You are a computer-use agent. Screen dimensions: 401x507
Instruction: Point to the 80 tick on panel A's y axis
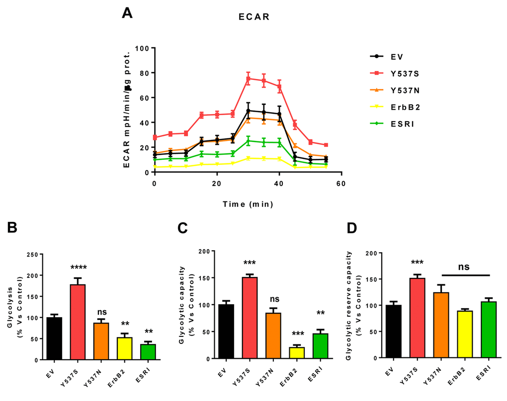(x=144, y=73)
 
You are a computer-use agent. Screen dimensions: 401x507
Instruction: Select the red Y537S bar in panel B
(x=78, y=322)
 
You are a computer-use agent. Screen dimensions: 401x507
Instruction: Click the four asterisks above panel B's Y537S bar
(x=78, y=267)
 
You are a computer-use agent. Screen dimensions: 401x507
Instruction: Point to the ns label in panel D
(x=464, y=267)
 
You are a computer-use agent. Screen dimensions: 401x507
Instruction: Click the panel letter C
(x=182, y=228)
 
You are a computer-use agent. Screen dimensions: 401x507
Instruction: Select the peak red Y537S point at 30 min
(x=248, y=78)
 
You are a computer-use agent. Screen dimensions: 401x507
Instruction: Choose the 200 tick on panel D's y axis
(x=369, y=253)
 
